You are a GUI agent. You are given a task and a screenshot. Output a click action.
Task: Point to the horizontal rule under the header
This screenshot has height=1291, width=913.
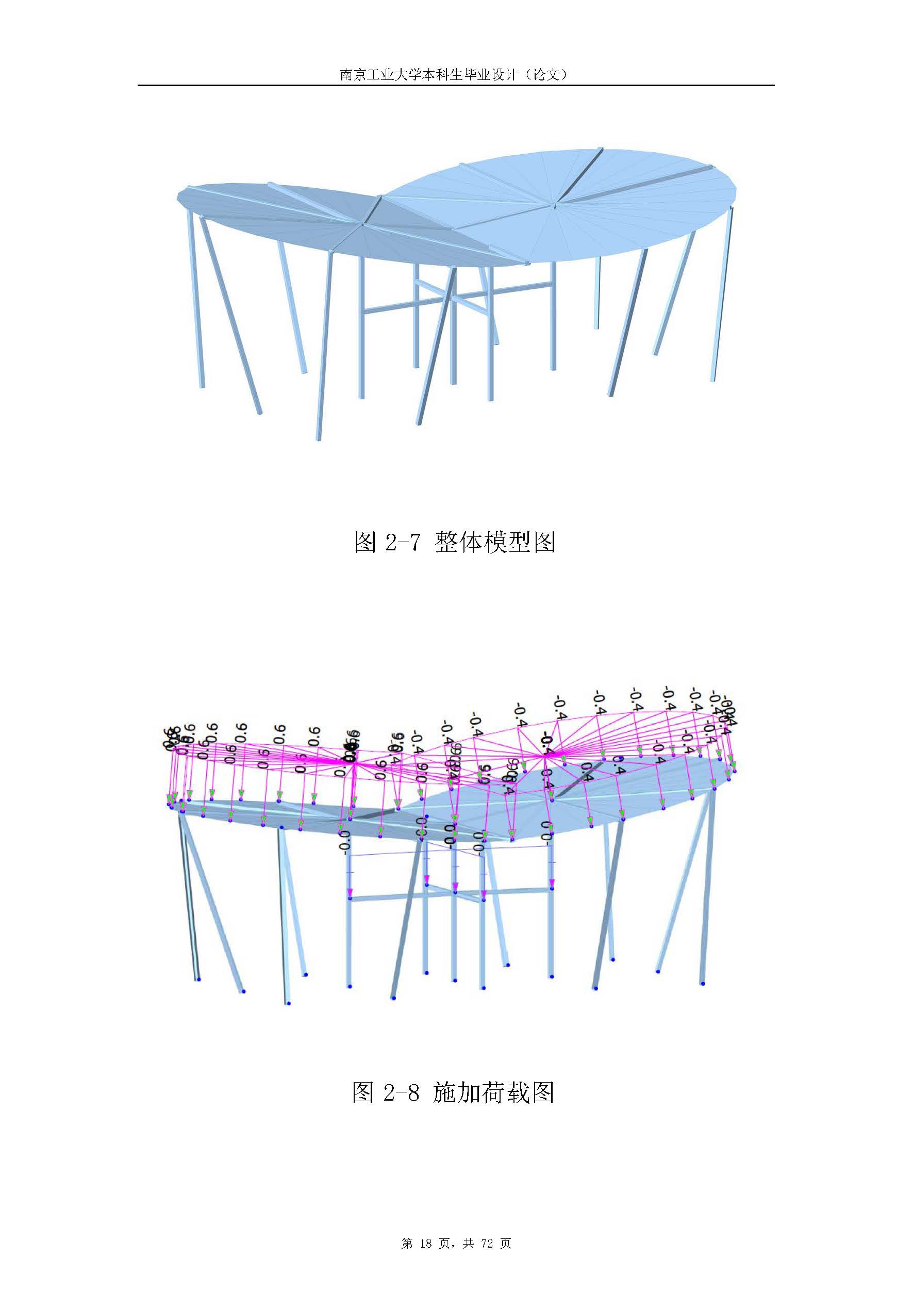pyautogui.click(x=456, y=86)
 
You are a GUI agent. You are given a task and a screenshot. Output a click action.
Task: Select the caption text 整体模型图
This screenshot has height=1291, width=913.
pyautogui.click(x=495, y=542)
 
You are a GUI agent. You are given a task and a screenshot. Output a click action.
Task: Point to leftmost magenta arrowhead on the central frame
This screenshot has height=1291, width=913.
pyautogui.click(x=350, y=892)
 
